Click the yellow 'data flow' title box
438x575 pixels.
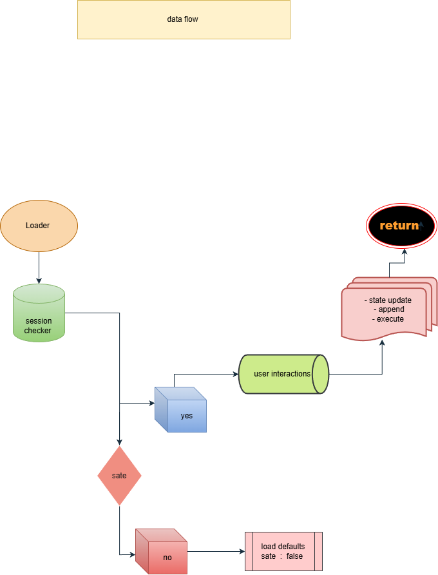coord(184,19)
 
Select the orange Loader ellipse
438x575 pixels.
coord(39,226)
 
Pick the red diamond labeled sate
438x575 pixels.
coord(119,475)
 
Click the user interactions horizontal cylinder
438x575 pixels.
coord(283,374)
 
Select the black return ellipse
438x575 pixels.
coord(401,226)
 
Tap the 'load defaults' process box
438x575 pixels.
coord(283,551)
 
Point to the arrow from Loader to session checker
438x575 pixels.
coord(39,267)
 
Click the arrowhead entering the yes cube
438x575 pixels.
coord(151,404)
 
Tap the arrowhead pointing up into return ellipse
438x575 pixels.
coord(405,251)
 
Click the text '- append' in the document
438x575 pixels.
coord(388,309)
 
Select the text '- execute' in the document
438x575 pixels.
coord(388,318)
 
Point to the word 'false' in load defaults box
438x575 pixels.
coord(294,556)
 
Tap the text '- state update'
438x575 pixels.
coord(388,300)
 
